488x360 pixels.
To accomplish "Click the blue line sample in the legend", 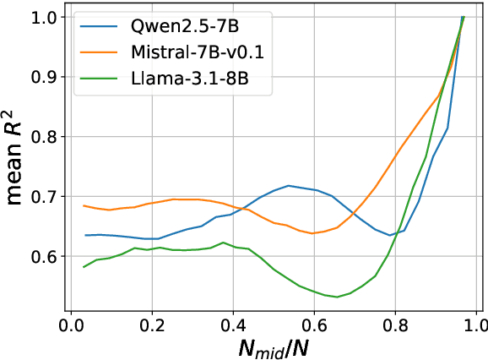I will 100,26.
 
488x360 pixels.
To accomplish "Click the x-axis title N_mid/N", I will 273,346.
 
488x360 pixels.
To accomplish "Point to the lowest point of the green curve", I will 337,297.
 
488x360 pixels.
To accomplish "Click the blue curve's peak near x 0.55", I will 288,185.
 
